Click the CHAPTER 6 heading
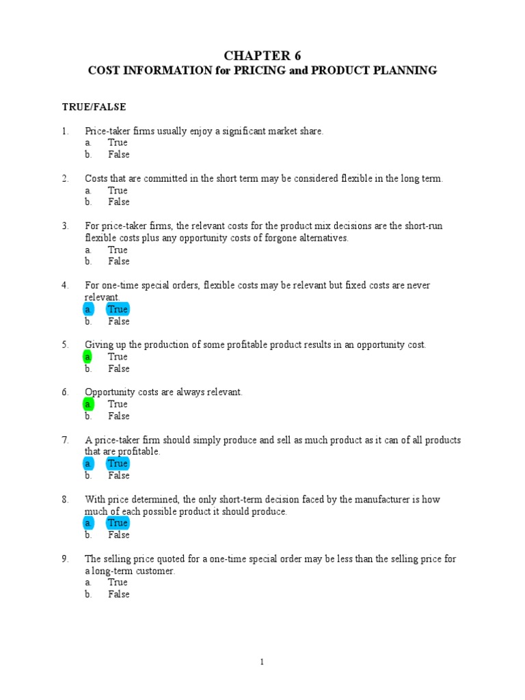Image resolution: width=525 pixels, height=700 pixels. click(262, 55)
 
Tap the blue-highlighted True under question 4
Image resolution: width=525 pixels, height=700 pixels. click(118, 310)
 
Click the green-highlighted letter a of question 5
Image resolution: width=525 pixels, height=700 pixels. click(88, 357)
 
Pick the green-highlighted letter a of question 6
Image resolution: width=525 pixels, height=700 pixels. click(88, 404)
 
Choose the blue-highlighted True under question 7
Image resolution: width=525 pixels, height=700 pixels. click(118, 463)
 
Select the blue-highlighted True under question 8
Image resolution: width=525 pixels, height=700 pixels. click(118, 523)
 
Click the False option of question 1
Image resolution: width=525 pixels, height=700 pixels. click(118, 154)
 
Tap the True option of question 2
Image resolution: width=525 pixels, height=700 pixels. click(118, 190)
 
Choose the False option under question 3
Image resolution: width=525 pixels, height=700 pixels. click(118, 261)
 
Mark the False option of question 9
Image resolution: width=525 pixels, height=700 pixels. click(118, 594)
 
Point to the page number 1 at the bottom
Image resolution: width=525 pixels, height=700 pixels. click(262, 662)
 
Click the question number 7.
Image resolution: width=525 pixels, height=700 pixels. click(65, 440)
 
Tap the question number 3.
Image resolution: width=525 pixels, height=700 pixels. click(65, 226)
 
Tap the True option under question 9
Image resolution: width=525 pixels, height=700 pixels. click(118, 582)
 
